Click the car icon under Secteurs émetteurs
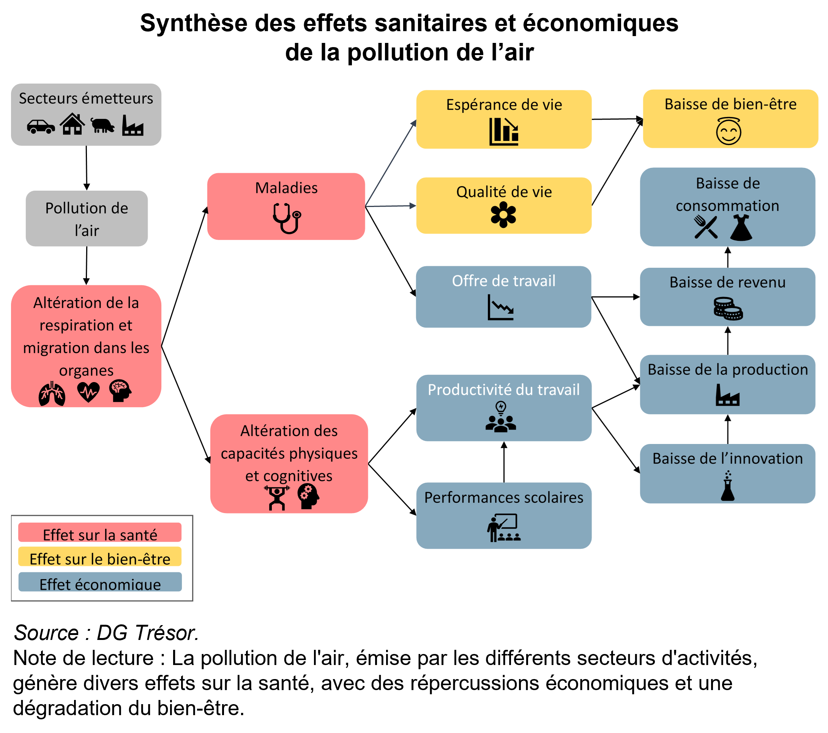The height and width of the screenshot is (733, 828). coord(41,126)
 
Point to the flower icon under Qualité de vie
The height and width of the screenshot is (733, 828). coord(503,215)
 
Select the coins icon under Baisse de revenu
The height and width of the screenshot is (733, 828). coord(728,309)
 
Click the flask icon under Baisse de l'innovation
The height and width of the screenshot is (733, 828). coord(727,486)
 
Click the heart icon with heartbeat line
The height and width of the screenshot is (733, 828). coord(88,392)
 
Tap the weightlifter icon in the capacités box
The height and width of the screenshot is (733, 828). coord(277,498)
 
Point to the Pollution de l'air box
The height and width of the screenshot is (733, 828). coord(87,219)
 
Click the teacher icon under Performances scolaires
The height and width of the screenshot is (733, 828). coord(503,528)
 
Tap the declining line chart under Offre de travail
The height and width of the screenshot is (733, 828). coord(501,307)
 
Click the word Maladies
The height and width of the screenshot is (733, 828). coord(286,188)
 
